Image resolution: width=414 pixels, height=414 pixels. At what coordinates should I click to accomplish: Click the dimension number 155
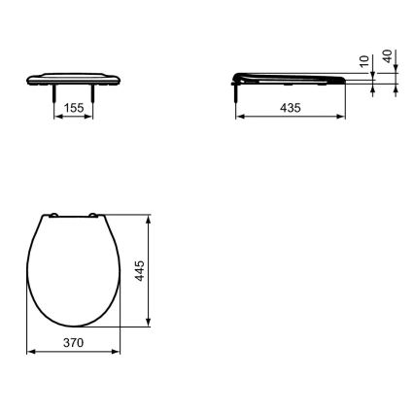click(x=73, y=108)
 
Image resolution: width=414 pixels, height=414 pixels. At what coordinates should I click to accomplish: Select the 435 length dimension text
click(x=289, y=108)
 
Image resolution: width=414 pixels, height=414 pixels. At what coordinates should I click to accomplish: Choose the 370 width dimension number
click(x=74, y=343)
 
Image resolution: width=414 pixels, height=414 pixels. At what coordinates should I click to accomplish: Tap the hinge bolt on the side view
click(x=237, y=89)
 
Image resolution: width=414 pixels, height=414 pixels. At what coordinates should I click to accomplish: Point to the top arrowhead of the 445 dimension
click(x=148, y=217)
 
